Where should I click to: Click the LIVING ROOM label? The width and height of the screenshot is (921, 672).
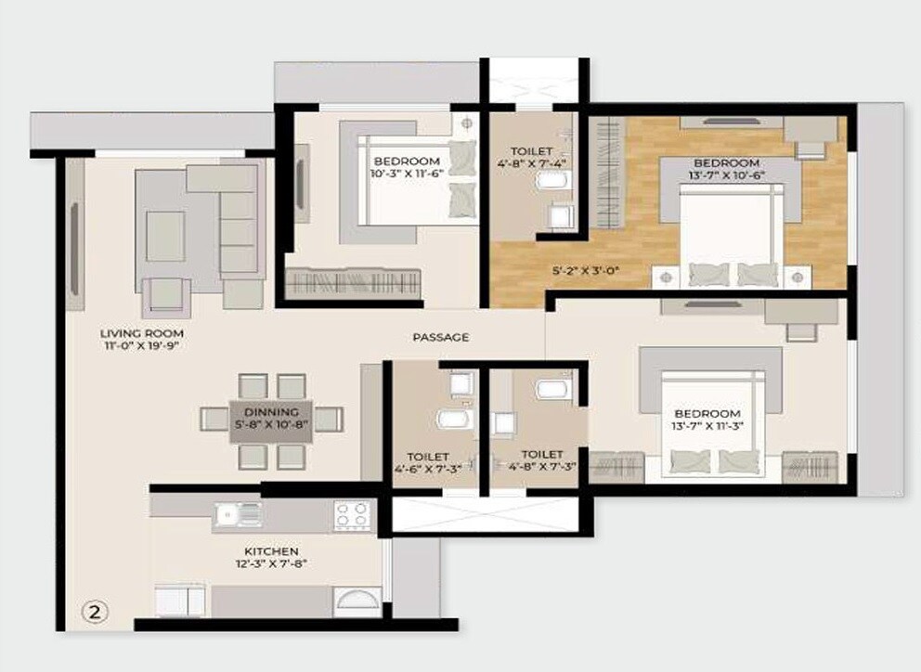point(142,333)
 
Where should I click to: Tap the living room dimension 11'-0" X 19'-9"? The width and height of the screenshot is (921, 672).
point(142,346)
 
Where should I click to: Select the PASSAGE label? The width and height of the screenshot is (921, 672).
point(441,337)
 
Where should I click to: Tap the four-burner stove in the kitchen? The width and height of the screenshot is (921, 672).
point(353,514)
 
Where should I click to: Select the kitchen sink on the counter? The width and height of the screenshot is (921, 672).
point(238,514)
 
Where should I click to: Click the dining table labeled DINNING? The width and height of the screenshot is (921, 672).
point(271,420)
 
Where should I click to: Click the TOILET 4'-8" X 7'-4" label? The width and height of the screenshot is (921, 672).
point(532,157)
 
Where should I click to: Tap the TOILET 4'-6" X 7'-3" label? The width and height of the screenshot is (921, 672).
point(428,462)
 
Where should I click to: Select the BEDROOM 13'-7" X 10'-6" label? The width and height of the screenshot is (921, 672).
point(726,169)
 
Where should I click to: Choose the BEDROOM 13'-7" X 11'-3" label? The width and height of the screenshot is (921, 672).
point(707,420)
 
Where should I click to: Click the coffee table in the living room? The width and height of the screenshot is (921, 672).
point(165,236)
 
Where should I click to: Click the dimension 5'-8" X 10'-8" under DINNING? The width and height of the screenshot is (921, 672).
point(271,426)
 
